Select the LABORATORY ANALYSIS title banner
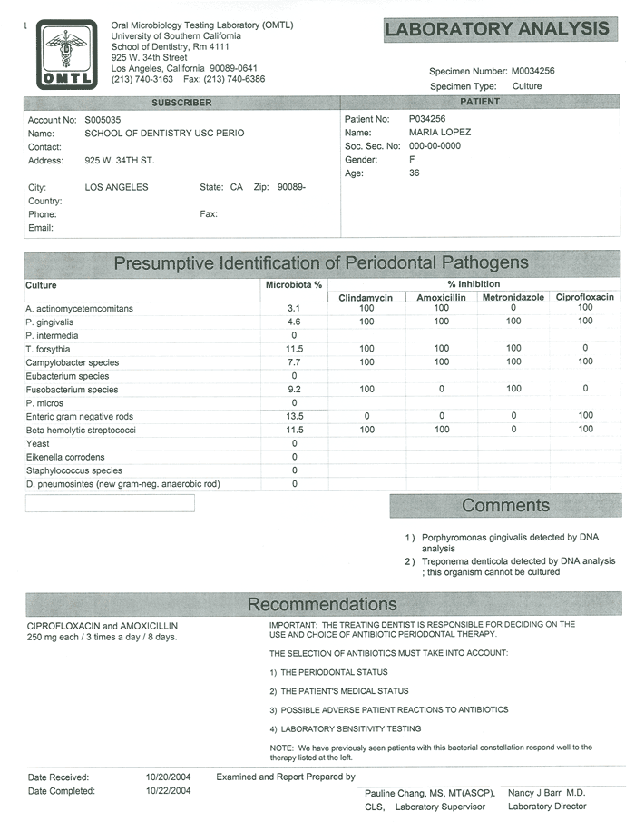(497, 29)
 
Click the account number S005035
(103, 120)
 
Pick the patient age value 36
(415, 173)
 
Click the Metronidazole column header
(513, 297)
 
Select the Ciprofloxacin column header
(584, 297)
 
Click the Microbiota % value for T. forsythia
(293, 349)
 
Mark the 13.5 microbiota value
(293, 416)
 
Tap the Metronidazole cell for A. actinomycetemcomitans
(513, 309)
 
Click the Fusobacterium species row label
(73, 390)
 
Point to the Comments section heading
(505, 506)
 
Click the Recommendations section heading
(322, 605)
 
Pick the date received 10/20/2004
(168, 777)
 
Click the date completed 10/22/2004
(168, 791)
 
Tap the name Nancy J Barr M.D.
(547, 793)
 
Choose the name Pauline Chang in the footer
(400, 793)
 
